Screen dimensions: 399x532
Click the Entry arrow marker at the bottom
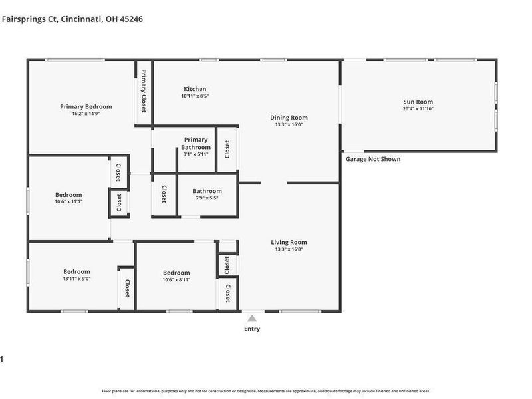click(x=252, y=319)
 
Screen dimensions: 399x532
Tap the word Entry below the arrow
click(x=252, y=329)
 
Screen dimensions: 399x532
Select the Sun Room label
click(x=418, y=102)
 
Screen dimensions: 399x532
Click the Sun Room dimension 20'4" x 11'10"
click(x=418, y=109)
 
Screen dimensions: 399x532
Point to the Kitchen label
click(x=195, y=89)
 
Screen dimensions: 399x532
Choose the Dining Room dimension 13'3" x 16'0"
click(x=289, y=124)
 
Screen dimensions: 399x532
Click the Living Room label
click(x=289, y=242)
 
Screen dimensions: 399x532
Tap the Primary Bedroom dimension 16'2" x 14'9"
click(x=86, y=114)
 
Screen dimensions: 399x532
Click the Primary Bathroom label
click(x=196, y=144)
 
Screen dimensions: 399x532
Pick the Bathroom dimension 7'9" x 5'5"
click(x=207, y=198)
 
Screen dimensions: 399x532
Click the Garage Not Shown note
click(x=373, y=159)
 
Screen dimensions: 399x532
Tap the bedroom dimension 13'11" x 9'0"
click(x=76, y=279)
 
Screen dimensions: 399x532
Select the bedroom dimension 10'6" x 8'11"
click(x=176, y=280)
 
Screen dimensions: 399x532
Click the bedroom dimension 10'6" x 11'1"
click(x=68, y=201)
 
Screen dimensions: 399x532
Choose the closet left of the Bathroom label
click(x=164, y=194)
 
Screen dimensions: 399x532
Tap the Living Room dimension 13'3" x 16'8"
click(x=289, y=249)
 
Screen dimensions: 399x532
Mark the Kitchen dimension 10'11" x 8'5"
click(x=195, y=96)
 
